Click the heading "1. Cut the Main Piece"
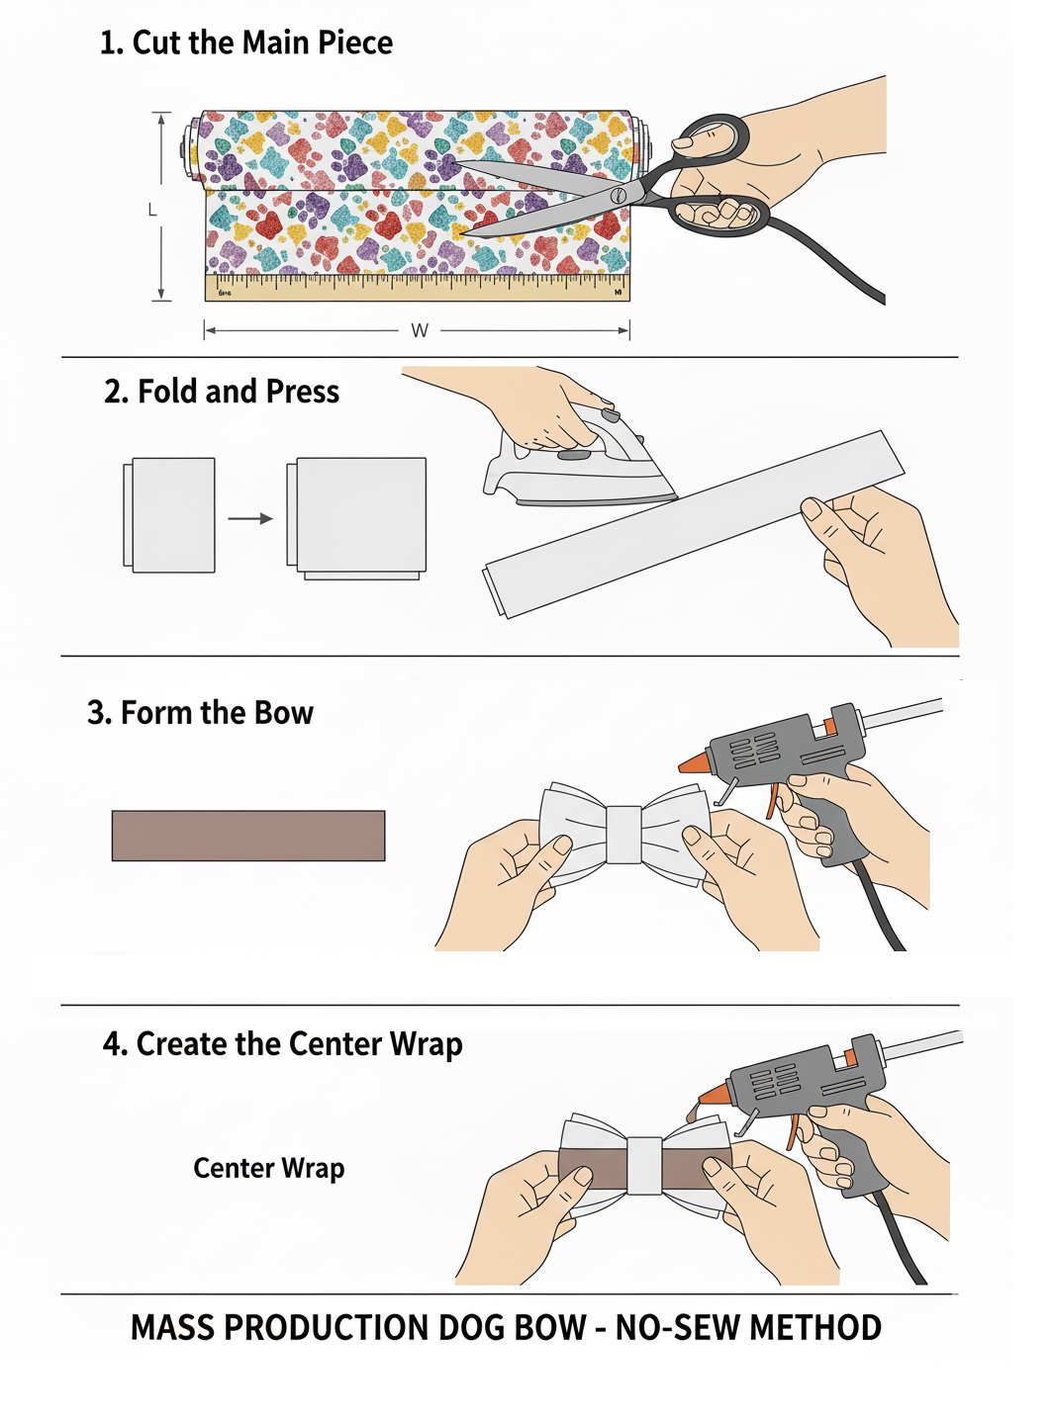(246, 44)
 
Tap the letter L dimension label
(152, 210)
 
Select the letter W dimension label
(420, 331)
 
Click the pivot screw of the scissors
(619, 196)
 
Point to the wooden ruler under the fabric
(417, 287)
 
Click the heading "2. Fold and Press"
(222, 392)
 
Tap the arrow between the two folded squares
(250, 518)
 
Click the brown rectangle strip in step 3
(248, 836)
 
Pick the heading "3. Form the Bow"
(201, 713)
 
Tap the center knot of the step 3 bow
(623, 834)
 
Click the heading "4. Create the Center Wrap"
(283, 1044)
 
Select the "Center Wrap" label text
(269, 1167)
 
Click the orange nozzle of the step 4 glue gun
(714, 1093)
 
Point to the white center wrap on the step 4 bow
(644, 1166)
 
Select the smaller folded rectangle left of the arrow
(169, 514)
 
